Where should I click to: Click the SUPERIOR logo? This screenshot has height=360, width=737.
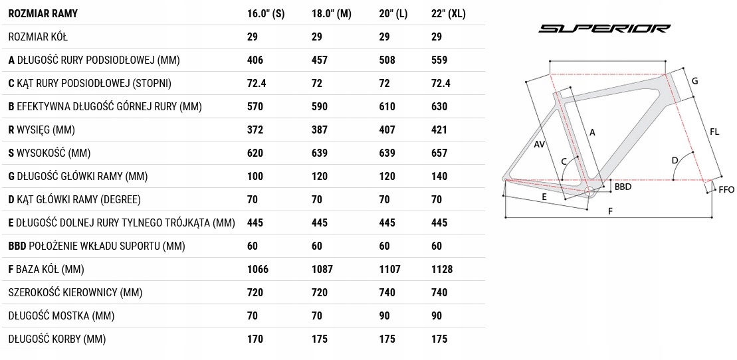click(604, 29)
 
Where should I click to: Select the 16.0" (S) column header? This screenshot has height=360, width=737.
click(266, 14)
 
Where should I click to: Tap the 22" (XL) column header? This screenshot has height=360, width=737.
click(449, 14)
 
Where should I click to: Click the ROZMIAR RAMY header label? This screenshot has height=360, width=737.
click(43, 14)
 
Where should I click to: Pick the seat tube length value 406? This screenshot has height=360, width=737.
click(255, 60)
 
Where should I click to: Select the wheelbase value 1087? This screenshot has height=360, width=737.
click(322, 269)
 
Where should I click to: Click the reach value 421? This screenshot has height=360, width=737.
click(439, 130)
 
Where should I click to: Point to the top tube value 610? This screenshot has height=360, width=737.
click(387, 107)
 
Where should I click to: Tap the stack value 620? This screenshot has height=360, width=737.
click(255, 153)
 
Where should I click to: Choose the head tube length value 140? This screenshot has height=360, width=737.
click(439, 176)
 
